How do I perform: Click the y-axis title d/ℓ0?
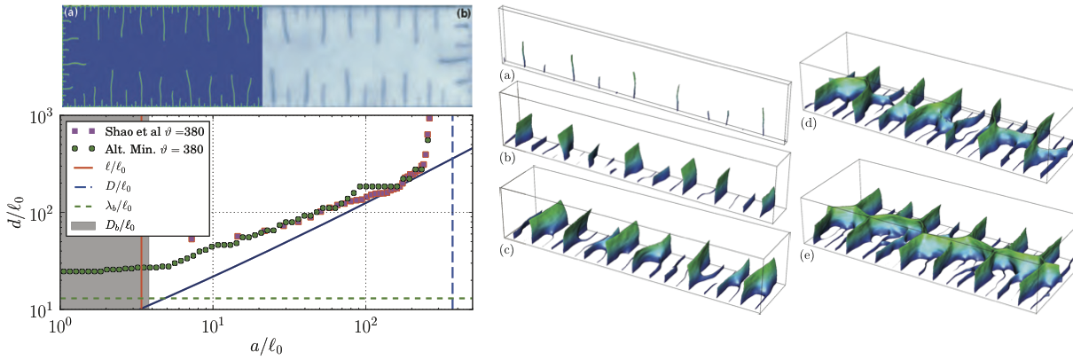17,212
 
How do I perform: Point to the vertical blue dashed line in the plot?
452,222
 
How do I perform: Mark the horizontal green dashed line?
310,299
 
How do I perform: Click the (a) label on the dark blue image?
71,13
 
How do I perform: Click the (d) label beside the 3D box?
810,123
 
